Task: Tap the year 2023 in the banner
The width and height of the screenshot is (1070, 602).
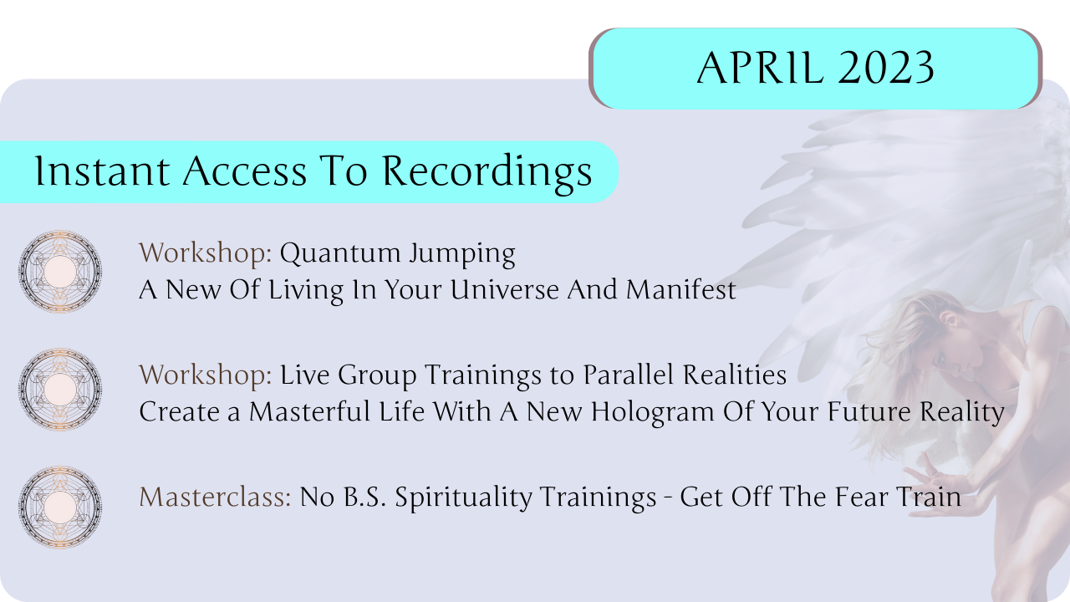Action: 887,68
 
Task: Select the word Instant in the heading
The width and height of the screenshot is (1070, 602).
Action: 102,171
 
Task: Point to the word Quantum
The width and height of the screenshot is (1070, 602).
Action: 340,253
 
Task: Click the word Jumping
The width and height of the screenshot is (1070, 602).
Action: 462,253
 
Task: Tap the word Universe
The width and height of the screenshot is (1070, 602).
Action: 504,289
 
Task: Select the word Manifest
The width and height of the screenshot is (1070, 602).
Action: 680,289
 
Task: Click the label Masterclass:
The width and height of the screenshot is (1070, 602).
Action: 215,497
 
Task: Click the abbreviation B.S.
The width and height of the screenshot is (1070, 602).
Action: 364,497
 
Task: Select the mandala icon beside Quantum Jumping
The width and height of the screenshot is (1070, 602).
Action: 60,272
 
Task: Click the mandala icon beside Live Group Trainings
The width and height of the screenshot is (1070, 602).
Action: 60,389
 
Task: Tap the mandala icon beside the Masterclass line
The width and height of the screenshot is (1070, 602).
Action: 60,507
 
